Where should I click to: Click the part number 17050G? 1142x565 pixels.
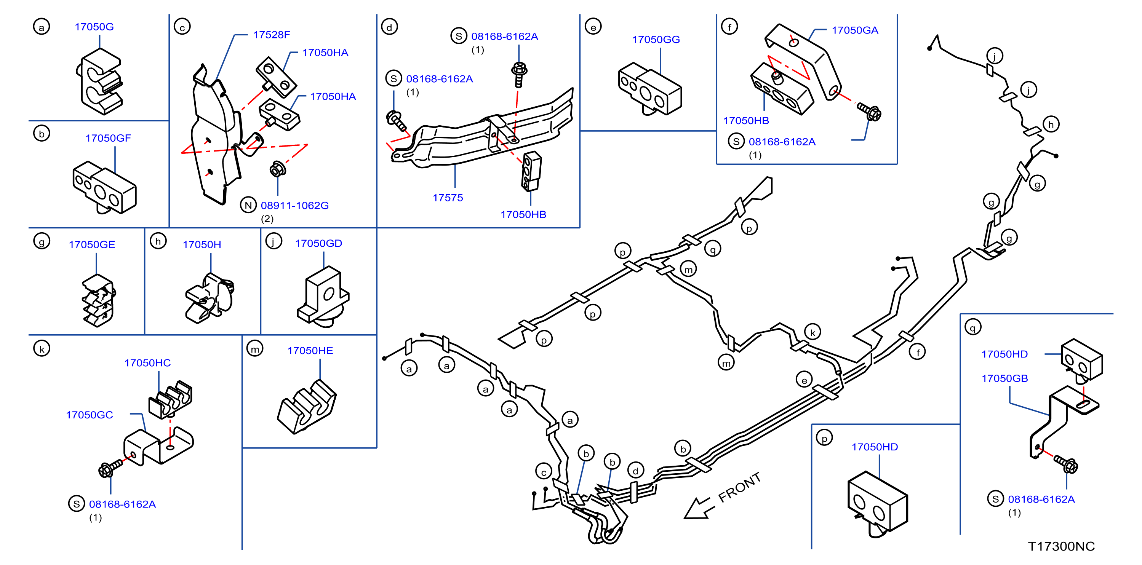click(x=94, y=27)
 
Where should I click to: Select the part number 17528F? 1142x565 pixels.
click(x=271, y=35)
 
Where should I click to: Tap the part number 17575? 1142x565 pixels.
click(x=447, y=198)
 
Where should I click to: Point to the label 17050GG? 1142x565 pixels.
click(x=656, y=40)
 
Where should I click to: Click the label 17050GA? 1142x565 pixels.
click(x=855, y=30)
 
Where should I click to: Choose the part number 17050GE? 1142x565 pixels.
click(x=92, y=244)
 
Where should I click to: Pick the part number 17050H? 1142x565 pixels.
click(x=202, y=244)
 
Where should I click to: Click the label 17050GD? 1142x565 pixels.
click(x=318, y=243)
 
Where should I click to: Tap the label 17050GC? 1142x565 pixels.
click(x=89, y=415)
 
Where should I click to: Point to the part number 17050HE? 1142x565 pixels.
click(x=310, y=351)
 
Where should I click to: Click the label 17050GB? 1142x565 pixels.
click(x=1004, y=378)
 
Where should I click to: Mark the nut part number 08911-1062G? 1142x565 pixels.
click(x=294, y=206)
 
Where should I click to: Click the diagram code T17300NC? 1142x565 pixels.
click(x=1061, y=546)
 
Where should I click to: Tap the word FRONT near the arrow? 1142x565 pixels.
click(x=739, y=487)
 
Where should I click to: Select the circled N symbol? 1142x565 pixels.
click(x=248, y=205)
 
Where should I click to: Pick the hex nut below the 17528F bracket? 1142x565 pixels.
click(x=278, y=169)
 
